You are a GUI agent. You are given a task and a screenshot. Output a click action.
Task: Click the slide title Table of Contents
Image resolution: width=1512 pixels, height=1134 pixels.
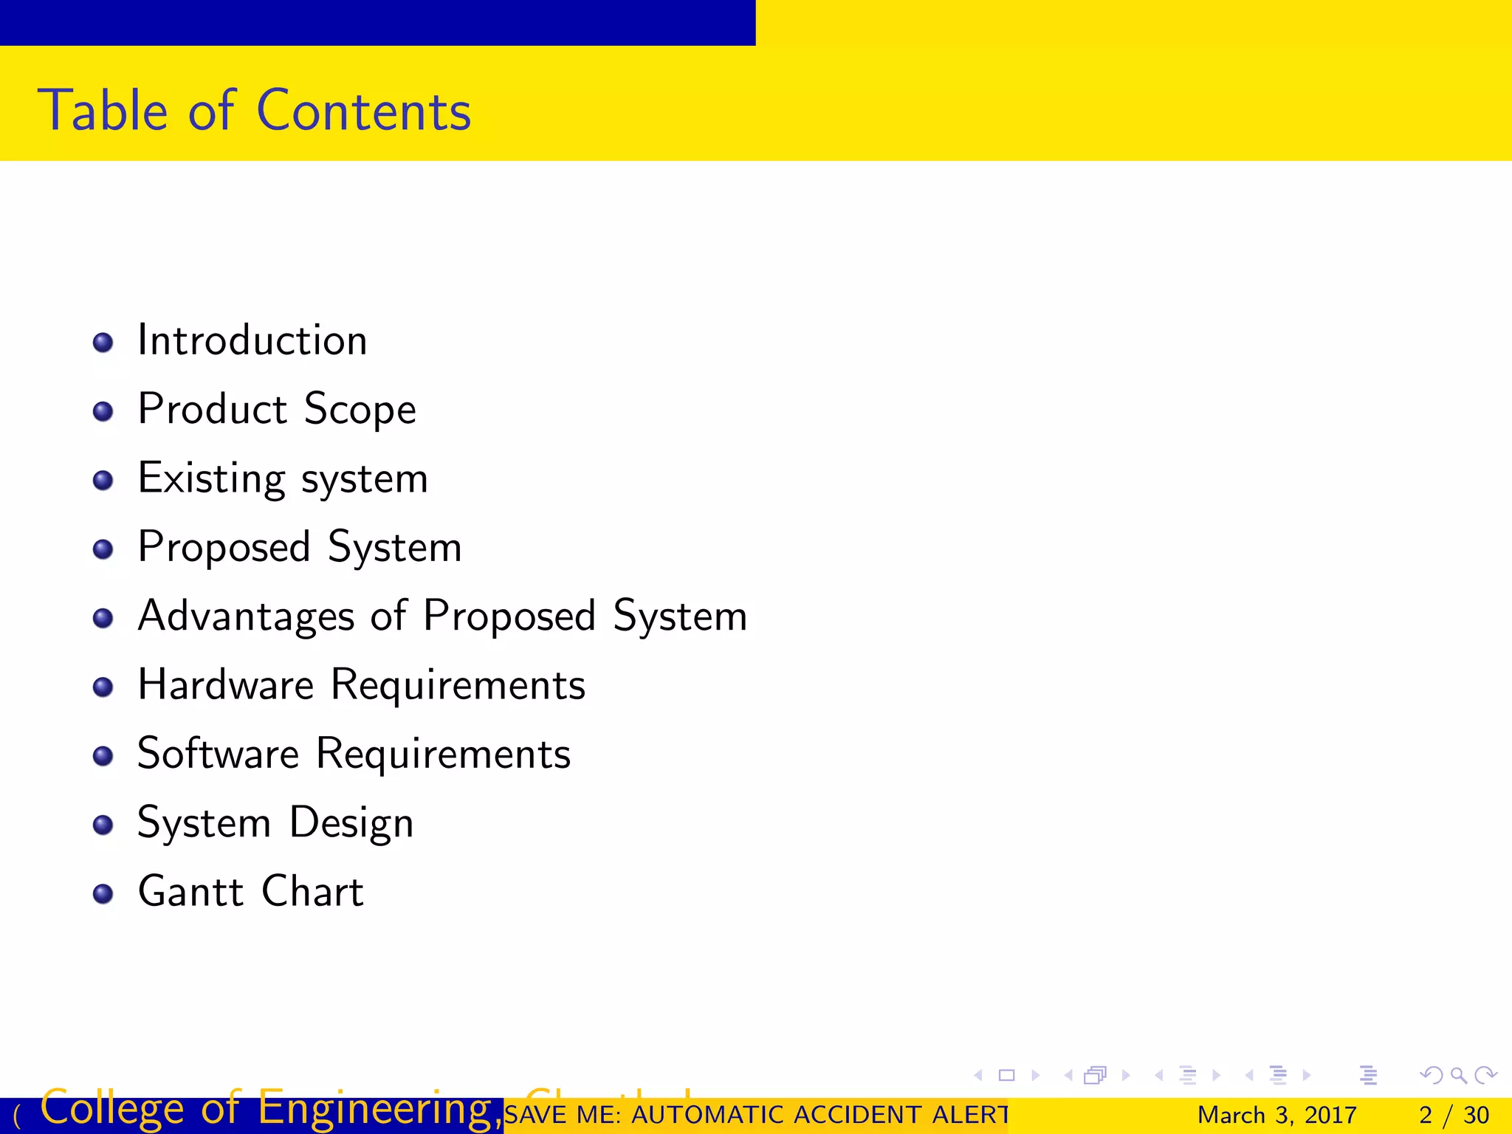coord(255,111)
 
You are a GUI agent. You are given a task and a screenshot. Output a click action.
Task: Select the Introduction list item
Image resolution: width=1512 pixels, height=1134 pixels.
coord(252,340)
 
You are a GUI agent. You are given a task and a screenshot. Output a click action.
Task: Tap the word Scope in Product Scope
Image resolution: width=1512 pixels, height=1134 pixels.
coord(360,409)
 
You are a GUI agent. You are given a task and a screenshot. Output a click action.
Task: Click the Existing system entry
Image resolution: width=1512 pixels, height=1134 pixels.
coord(283,478)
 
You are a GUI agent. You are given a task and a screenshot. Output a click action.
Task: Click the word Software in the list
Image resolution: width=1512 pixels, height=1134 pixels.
coord(219,754)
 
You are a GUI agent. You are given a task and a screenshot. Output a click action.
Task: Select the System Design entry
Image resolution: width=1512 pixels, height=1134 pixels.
coord(275,822)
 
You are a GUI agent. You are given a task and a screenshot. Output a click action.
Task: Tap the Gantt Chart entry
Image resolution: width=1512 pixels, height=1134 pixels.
coord(251,891)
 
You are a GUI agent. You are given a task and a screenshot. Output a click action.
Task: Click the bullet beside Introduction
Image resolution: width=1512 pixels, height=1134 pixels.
coord(103,343)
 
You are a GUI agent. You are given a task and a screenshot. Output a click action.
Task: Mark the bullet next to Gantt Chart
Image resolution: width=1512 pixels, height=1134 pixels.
coord(103,894)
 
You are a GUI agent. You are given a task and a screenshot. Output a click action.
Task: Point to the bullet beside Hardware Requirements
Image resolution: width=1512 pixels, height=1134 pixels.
coord(103,687)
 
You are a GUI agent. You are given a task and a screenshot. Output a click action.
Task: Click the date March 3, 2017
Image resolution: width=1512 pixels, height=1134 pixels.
coord(1276,1115)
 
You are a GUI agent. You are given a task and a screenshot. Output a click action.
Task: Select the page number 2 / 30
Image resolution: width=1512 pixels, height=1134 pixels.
coord(1454,1115)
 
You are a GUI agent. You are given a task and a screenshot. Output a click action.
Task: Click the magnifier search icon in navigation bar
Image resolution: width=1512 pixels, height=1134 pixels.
coord(1458,1075)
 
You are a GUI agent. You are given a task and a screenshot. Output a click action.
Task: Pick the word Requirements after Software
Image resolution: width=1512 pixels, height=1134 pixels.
coord(443,754)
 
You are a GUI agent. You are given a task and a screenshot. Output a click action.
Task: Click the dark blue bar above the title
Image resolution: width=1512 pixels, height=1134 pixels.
coord(377,22)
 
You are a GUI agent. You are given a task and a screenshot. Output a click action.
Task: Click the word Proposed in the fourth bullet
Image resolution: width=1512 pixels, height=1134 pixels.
coord(224,547)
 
